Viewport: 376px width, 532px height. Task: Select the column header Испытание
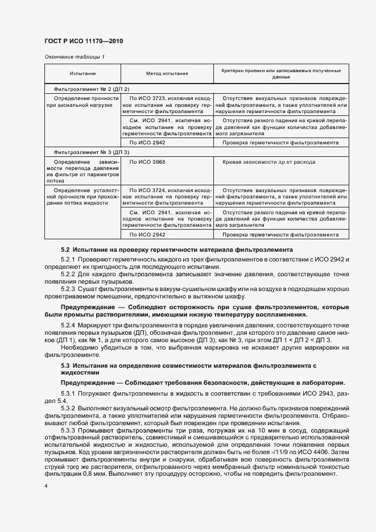tap(82, 74)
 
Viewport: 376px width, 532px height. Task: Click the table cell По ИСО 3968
tap(148, 163)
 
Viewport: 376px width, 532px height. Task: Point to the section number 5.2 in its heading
tap(65, 250)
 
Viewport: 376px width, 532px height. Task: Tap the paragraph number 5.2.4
tap(69, 325)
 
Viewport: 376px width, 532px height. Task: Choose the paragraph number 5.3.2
tap(69, 409)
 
